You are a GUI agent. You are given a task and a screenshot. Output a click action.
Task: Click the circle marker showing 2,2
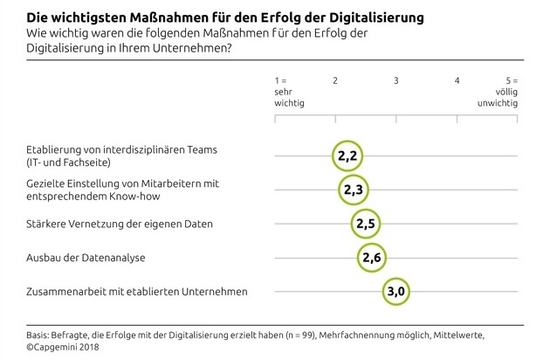tap(347, 156)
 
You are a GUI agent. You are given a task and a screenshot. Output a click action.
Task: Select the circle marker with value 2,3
tap(354, 189)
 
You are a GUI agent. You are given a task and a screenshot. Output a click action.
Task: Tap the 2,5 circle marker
tap(366, 224)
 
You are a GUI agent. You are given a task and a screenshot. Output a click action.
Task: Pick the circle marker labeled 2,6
tap(372, 257)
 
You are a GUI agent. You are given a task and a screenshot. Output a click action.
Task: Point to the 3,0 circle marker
tap(396, 291)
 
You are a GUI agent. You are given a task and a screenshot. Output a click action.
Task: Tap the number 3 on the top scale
tap(396, 80)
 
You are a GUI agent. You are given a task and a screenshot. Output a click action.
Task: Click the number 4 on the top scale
tap(457, 80)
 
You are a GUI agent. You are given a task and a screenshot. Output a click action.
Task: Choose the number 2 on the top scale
tap(335, 80)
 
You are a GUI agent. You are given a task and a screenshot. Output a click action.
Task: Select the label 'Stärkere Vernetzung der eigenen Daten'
tap(107, 224)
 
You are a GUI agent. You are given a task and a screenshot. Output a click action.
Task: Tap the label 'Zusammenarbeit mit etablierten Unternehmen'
tap(123, 291)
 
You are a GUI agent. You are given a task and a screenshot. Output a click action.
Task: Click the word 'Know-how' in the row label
tap(120, 196)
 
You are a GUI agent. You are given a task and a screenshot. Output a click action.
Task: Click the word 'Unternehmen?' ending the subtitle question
tap(197, 48)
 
